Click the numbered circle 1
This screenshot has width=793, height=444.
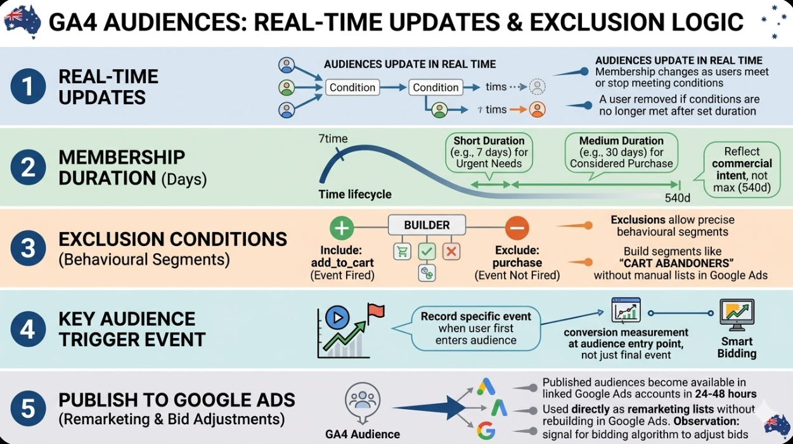[29, 87]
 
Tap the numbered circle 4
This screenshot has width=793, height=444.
[29, 329]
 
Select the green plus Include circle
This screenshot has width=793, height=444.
[342, 228]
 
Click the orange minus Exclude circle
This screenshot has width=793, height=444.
[517, 228]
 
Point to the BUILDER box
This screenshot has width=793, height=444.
[427, 225]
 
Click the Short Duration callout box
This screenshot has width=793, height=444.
[490, 152]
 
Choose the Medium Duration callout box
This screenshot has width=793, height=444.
[621, 152]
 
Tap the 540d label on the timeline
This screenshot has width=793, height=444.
[677, 198]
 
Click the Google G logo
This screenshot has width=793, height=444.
[486, 431]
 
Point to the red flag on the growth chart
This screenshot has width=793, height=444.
[376, 310]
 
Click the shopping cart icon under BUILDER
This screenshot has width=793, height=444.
[402, 251]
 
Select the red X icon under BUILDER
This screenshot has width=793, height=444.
[451, 251]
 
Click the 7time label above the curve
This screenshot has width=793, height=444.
[332, 140]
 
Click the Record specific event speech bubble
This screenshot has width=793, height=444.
[476, 327]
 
